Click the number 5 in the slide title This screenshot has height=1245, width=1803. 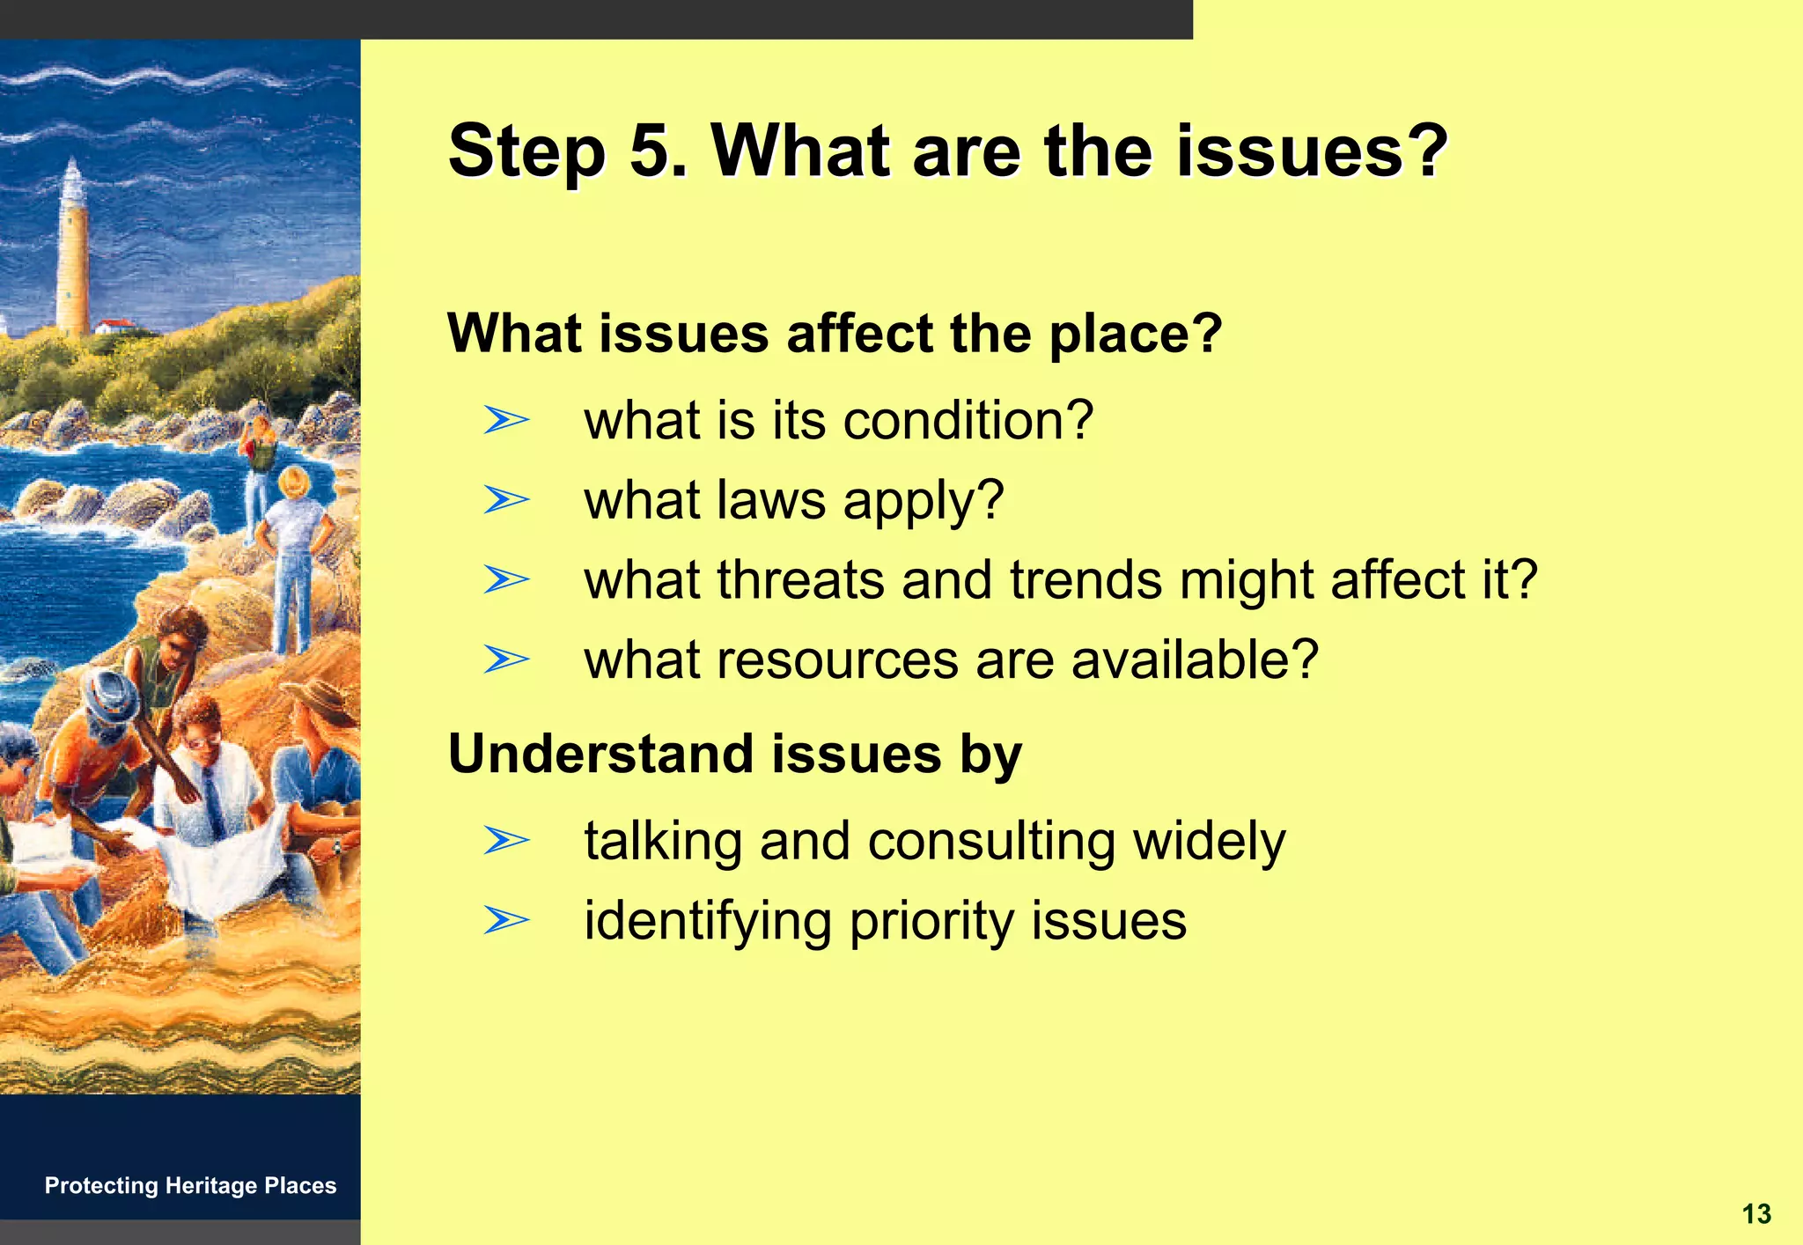[x=650, y=151]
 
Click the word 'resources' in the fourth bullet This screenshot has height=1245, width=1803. [x=837, y=660]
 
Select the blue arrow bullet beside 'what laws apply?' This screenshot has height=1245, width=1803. [x=506, y=501]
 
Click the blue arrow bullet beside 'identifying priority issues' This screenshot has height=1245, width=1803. [x=506, y=921]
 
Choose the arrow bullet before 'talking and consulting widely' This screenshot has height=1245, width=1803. [x=506, y=841]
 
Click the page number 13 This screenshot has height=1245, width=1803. [x=1755, y=1214]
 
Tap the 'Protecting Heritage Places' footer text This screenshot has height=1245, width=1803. [x=190, y=1186]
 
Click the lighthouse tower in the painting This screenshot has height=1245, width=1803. [x=73, y=255]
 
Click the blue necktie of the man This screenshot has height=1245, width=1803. [x=213, y=801]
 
